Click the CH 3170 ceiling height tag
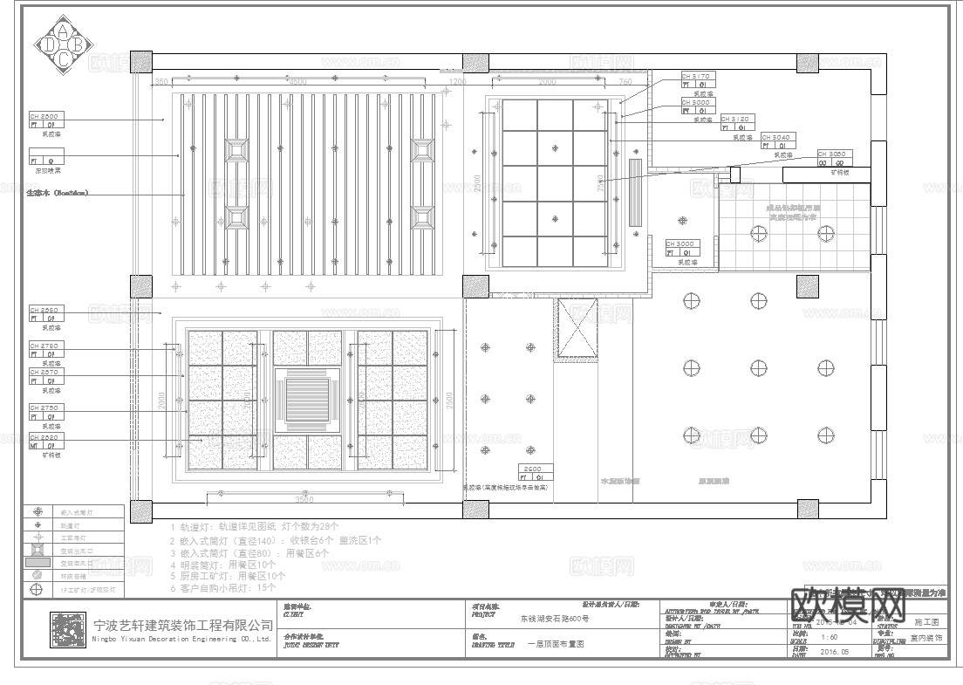pos(698,77)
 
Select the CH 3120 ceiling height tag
pos(737,120)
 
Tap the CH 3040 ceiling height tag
pos(776,138)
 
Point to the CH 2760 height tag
pos(45,346)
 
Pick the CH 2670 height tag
pos(45,373)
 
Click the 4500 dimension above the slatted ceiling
pos(297,82)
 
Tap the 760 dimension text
pos(625,82)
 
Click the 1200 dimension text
pos(457,82)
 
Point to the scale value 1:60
pos(830,638)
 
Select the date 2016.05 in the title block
pos(836,651)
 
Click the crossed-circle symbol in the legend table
pos(38,589)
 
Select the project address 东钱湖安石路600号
pos(555,619)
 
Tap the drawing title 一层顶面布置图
pos(556,643)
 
